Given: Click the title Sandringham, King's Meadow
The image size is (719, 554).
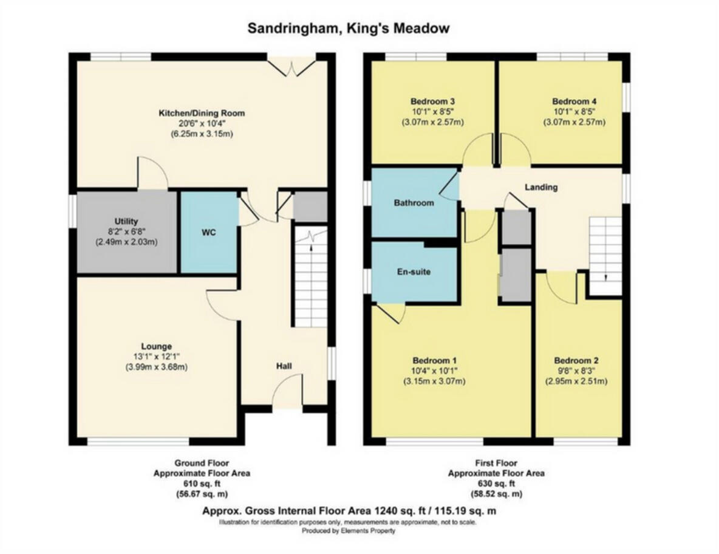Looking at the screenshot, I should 349,28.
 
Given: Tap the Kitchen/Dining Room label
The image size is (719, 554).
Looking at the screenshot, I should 202,113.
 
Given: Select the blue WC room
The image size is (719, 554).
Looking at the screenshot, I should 209,233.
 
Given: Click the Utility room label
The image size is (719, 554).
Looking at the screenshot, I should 126,221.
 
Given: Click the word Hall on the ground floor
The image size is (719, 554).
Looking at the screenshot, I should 284,366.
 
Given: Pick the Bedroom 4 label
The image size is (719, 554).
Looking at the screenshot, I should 574,101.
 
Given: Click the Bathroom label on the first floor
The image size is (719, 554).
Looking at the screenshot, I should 414,202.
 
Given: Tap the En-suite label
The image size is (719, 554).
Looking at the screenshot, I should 415,272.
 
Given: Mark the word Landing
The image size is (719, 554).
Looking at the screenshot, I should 541,187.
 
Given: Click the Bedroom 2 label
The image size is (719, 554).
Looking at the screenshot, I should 575,360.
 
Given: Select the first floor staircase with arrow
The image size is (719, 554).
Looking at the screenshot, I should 606,256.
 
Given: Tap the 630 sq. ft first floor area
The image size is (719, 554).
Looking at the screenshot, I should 496,484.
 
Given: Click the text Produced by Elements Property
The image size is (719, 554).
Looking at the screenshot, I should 349,530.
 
